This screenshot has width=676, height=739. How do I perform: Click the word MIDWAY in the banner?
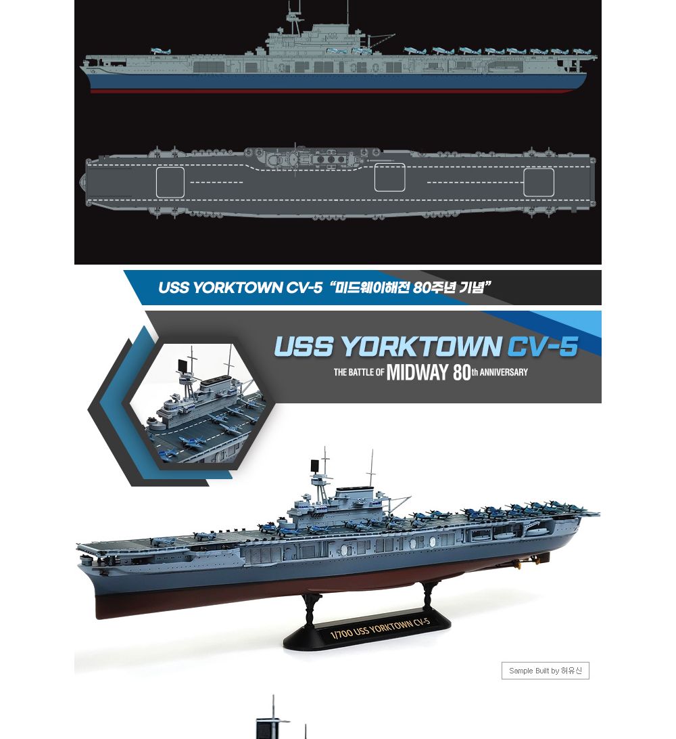pyautogui.click(x=417, y=372)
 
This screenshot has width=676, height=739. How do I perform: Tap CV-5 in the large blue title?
pyautogui.click(x=541, y=347)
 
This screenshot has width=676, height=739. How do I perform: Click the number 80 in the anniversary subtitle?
pyautogui.click(x=462, y=372)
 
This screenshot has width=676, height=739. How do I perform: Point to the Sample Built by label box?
pyautogui.click(x=545, y=671)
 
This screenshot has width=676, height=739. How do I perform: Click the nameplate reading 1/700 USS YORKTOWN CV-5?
pyautogui.click(x=379, y=629)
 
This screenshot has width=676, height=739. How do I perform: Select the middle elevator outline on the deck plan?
pyautogui.click(x=389, y=177)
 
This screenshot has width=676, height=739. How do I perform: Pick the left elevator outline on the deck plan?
pyautogui.click(x=170, y=182)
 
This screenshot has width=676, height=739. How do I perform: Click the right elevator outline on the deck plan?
pyautogui.click(x=539, y=182)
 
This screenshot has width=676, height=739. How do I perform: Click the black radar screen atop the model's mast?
pyautogui.click(x=314, y=466)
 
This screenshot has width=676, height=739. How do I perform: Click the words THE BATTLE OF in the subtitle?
pyautogui.click(x=358, y=373)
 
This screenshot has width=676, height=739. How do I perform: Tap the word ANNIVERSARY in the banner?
pyautogui.click(x=504, y=372)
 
